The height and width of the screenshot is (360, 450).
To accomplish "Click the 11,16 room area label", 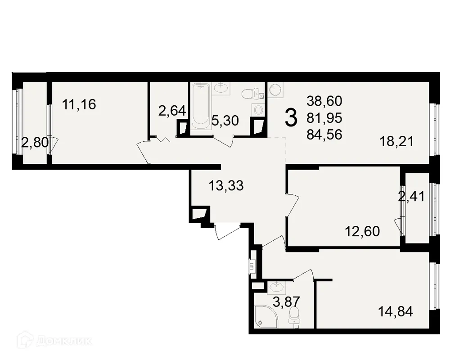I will pos(79,105).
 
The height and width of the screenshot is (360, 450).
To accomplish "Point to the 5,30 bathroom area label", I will pos(225,120).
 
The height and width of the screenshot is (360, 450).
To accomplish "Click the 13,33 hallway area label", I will pos(226,185).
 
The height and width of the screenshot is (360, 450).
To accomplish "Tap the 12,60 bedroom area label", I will pos(362,231).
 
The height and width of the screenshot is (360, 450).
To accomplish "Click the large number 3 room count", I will pos(291,118).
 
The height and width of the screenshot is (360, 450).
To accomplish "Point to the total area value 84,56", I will pos(324,134).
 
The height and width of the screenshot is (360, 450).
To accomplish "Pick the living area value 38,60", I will pos(324,101).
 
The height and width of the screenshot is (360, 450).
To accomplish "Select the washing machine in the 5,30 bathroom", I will pos(258,109).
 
